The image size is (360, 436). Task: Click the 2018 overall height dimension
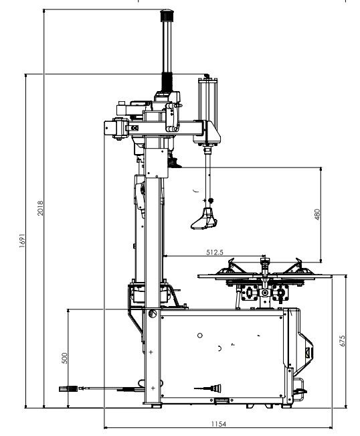[40, 208]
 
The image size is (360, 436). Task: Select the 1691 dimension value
[22, 241]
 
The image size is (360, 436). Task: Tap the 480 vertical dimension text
[317, 214]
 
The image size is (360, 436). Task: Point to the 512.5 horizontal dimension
[214, 252]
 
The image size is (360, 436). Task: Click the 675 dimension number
[342, 341]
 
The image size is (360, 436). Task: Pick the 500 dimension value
[64, 358]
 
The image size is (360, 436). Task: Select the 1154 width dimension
[219, 424]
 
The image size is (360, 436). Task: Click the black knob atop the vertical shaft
[167, 15]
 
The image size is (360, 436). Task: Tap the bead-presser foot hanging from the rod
[204, 219]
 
